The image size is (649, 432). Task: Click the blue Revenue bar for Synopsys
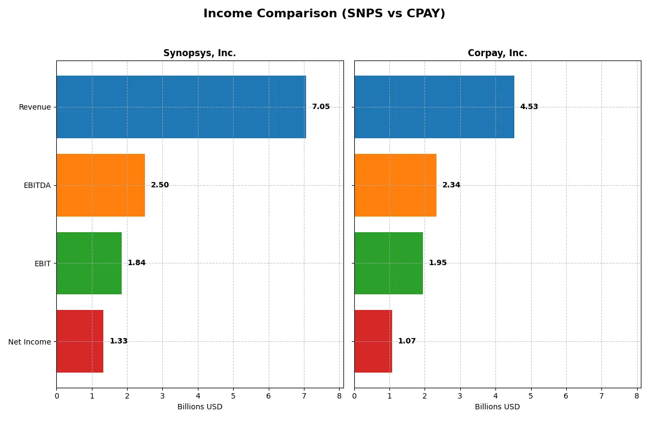tap(181, 107)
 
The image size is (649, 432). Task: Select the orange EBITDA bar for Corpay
tap(395, 185)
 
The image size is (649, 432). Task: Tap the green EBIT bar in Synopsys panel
tap(89, 263)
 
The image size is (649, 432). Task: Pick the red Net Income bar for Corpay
tap(373, 341)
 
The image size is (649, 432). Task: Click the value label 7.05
tap(321, 107)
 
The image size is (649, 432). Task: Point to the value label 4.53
tap(529, 107)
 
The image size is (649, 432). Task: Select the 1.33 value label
tap(118, 341)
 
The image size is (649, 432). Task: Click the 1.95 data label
tap(438, 263)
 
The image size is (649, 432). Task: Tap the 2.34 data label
tap(451, 185)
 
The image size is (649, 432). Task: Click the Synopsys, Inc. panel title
tap(200, 53)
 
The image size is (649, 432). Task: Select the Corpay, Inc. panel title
tap(497, 53)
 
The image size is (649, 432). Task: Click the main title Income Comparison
tap(324, 14)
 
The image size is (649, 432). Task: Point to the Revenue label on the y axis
tap(35, 107)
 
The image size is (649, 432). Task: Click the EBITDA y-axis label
tap(37, 185)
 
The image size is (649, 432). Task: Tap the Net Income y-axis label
tap(30, 341)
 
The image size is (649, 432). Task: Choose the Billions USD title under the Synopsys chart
tap(200, 407)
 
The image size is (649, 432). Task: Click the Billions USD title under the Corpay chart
tap(497, 407)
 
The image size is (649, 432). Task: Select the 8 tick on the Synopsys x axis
tap(339, 396)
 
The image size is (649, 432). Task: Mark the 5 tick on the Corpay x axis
tap(531, 396)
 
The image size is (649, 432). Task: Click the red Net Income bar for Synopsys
tap(80, 341)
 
